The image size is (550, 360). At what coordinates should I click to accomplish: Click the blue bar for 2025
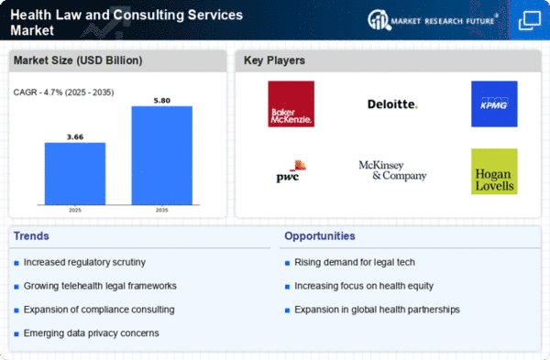click(x=75, y=173)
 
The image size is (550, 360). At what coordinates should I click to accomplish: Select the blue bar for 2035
click(x=161, y=156)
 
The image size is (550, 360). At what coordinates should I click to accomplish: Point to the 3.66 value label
click(x=75, y=137)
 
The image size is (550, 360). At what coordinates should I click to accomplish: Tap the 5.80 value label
click(x=161, y=101)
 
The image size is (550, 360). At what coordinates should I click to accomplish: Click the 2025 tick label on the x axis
click(x=75, y=211)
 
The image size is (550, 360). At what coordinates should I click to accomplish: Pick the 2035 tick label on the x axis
click(x=161, y=211)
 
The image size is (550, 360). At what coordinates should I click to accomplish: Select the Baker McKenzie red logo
click(x=291, y=104)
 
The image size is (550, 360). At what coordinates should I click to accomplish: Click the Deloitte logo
click(x=392, y=104)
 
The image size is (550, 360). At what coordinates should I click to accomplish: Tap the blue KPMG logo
click(x=494, y=104)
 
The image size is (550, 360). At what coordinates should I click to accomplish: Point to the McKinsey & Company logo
click(x=392, y=170)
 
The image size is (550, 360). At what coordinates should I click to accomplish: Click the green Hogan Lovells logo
click(x=494, y=171)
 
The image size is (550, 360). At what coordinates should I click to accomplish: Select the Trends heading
click(x=31, y=236)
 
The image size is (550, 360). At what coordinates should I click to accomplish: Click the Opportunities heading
click(x=320, y=236)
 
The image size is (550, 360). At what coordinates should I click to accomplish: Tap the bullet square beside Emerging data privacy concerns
click(x=16, y=334)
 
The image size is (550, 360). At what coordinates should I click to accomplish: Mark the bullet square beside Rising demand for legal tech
click(x=287, y=263)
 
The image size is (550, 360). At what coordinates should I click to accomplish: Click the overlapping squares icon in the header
click(x=530, y=21)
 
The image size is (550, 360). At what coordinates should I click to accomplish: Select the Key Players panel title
click(x=274, y=60)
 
